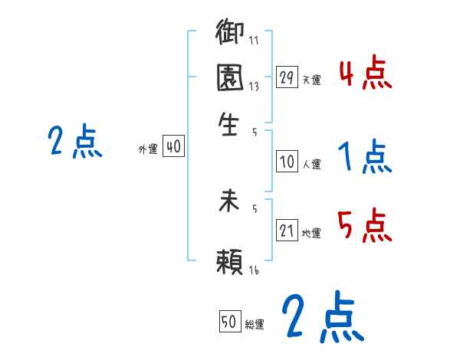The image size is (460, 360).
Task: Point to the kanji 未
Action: (x=230, y=203)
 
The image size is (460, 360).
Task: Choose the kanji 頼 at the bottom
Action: (x=230, y=262)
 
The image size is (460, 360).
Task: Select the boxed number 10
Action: (x=287, y=162)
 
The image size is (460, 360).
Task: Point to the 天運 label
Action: (x=312, y=80)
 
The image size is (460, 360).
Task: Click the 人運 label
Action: (x=312, y=164)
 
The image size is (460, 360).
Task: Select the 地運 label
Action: (x=312, y=234)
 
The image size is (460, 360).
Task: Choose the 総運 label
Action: (x=255, y=324)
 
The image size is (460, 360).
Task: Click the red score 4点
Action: (x=364, y=74)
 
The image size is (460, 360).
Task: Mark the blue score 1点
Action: (x=364, y=158)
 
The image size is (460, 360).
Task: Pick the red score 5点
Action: (x=364, y=225)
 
